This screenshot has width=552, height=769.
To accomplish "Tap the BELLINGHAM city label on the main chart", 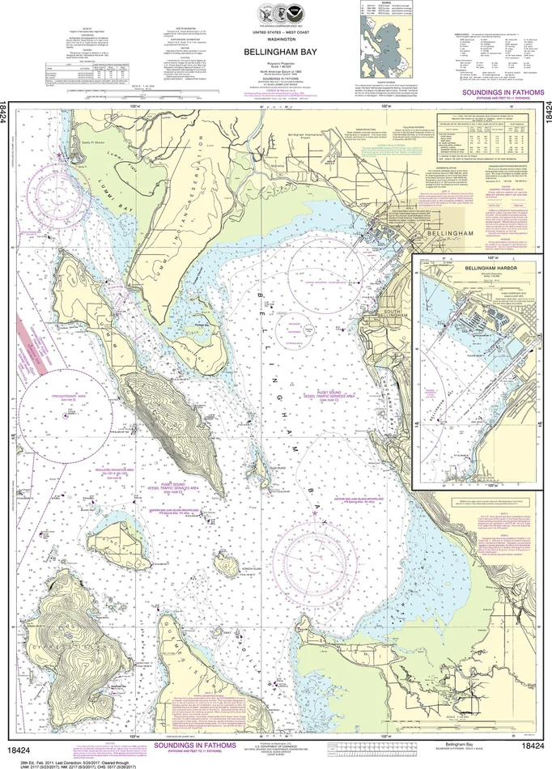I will pos(458,232).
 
